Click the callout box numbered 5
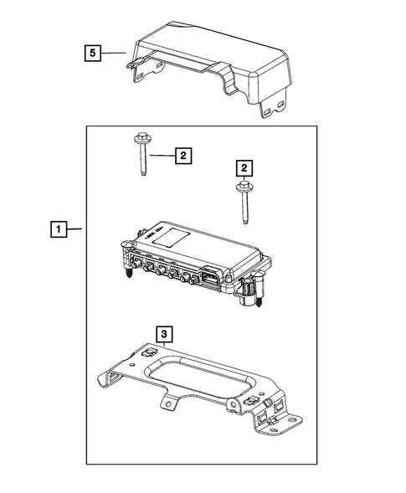[95, 54]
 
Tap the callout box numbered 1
[58, 228]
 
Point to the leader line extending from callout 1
[75, 228]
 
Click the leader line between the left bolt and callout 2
[162, 156]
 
